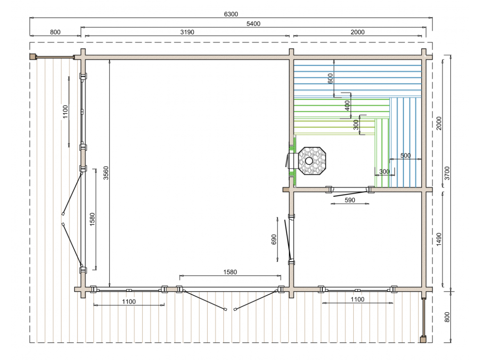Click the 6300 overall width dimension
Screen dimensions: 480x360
tap(231, 14)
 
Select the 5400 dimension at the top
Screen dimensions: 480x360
tap(254, 24)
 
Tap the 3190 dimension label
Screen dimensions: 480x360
tap(187, 32)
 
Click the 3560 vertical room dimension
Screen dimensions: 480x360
tap(105, 173)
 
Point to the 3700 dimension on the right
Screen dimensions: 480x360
tap(447, 173)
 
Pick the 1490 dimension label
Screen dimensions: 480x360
tap(439, 239)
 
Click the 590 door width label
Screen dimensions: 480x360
tap(350, 200)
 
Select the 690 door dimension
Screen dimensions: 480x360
tap(274, 239)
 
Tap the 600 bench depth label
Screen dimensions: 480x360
tap(330, 79)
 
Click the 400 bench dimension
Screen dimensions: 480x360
tap(347, 105)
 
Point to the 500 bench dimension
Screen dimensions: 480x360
tap(405, 155)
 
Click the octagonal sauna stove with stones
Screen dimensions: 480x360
tap(312, 161)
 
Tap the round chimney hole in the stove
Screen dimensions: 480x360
tap(309, 161)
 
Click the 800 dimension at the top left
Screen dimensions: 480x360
tap(55, 32)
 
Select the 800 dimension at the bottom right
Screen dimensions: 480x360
tap(447, 317)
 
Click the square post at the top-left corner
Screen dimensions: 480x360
tap(32, 57)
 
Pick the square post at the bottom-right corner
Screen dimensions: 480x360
tap(423, 339)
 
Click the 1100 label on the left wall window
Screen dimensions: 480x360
tap(65, 112)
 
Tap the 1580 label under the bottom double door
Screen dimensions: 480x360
tap(230, 272)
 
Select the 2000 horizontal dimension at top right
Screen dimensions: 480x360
tap(358, 32)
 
